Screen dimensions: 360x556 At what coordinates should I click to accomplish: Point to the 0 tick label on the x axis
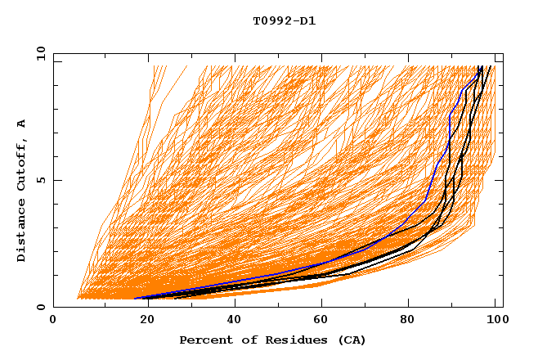coord(53,320)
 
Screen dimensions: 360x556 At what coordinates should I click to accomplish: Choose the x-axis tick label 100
coord(496,320)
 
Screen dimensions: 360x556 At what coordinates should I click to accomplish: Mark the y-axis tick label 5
coord(42,181)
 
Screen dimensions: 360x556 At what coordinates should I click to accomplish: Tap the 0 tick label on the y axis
coord(42,307)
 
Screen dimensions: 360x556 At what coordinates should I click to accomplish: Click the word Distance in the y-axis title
coord(22,232)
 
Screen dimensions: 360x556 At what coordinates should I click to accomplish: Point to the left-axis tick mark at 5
coord(56,181)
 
